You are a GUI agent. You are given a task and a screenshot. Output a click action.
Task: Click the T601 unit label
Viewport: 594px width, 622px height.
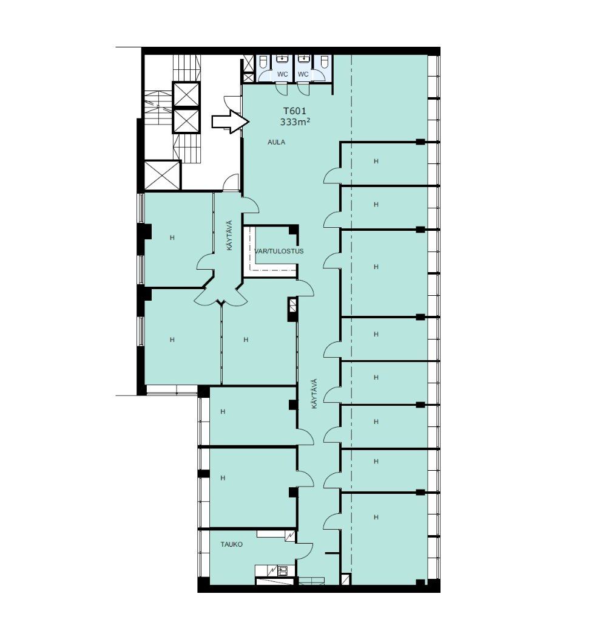click(x=294, y=112)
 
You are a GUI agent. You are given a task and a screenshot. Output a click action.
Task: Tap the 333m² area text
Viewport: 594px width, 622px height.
click(x=295, y=122)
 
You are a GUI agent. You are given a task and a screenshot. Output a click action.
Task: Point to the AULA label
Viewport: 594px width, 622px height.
click(x=276, y=142)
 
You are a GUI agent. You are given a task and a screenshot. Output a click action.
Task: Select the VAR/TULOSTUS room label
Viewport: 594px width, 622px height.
click(x=279, y=251)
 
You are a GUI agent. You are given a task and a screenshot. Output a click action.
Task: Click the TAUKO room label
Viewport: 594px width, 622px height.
click(x=231, y=544)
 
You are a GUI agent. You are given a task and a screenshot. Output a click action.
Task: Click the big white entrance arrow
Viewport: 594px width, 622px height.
click(x=230, y=121)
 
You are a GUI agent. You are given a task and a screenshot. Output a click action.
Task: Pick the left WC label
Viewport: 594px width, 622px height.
click(x=283, y=74)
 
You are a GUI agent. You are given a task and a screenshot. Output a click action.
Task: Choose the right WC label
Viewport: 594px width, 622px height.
click(x=303, y=74)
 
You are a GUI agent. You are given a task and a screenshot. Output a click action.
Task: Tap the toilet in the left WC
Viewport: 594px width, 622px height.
click(x=263, y=63)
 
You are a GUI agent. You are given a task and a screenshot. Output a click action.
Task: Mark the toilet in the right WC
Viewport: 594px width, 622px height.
click(x=323, y=63)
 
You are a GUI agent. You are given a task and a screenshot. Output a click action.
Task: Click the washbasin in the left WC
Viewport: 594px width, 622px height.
click(x=282, y=59)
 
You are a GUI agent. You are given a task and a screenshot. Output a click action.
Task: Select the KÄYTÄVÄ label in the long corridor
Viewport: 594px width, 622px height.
click(x=314, y=394)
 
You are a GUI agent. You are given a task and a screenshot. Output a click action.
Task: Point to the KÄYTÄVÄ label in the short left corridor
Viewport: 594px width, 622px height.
click(x=229, y=235)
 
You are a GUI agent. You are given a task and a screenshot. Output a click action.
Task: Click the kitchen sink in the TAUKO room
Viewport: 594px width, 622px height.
click(x=283, y=571)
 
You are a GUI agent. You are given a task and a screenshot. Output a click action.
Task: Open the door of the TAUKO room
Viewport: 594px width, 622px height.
click(x=305, y=549)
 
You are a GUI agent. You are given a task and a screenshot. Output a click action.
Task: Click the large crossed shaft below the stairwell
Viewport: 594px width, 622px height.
click(x=163, y=175)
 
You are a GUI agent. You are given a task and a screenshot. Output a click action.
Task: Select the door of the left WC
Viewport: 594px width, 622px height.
click(x=282, y=89)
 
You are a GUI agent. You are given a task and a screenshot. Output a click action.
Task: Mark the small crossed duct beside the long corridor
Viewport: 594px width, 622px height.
click(x=293, y=305)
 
